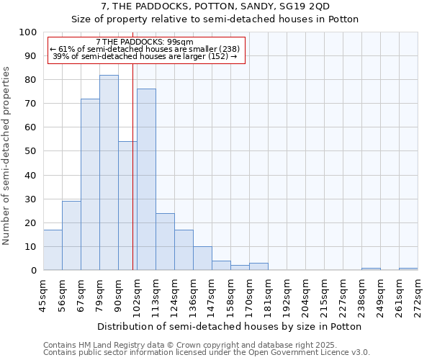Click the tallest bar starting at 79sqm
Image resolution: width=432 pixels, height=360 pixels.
(x=109, y=173)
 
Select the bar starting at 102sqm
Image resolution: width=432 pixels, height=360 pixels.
(x=146, y=180)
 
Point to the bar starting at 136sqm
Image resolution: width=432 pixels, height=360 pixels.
(x=202, y=258)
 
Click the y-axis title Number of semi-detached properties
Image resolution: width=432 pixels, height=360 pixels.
(x=7, y=156)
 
